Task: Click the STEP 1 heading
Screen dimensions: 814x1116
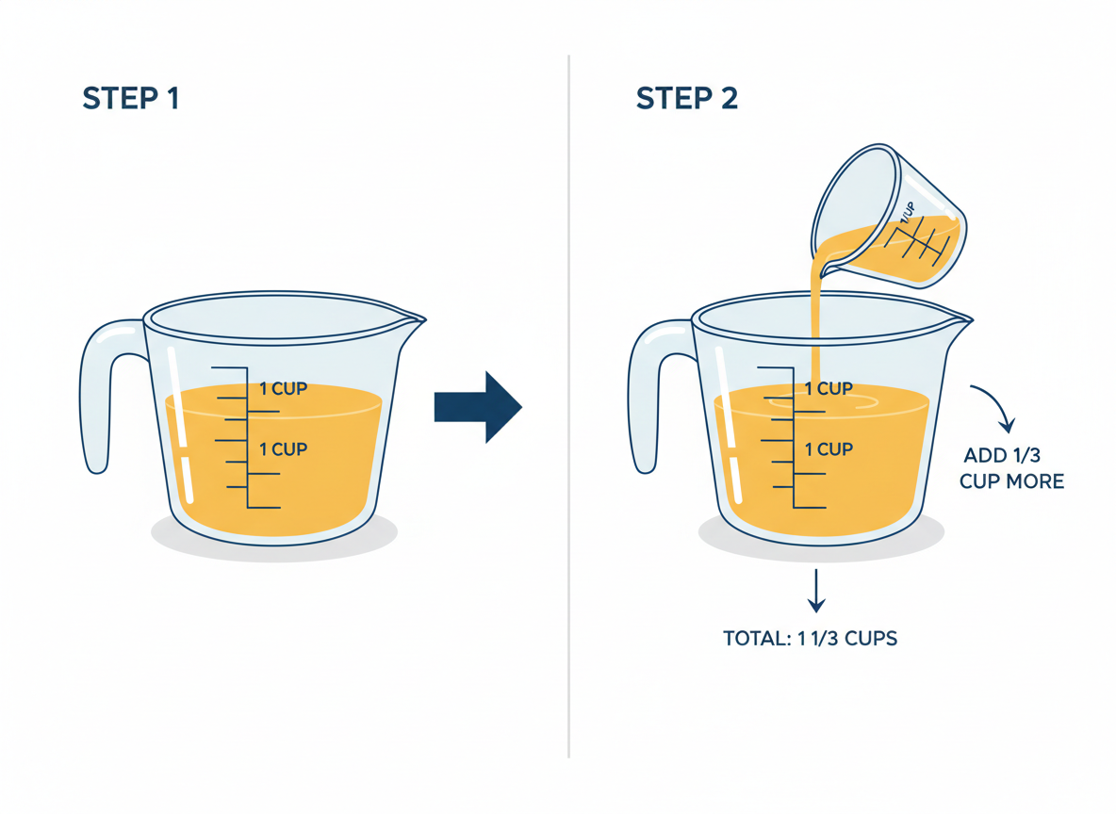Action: click(x=131, y=98)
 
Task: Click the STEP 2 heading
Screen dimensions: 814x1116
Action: click(x=686, y=98)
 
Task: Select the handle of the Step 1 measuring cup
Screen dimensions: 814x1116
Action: click(x=97, y=396)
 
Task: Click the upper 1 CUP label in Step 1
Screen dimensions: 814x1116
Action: click(x=283, y=388)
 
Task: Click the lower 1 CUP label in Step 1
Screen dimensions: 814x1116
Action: click(x=283, y=449)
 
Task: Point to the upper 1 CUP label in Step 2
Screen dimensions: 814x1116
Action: click(x=829, y=388)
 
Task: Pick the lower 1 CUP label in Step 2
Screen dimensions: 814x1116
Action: click(x=829, y=449)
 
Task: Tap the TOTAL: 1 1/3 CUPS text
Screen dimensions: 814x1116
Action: click(x=810, y=639)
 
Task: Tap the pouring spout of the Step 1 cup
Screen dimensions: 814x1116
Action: click(x=413, y=318)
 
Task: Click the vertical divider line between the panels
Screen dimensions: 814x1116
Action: click(x=568, y=405)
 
